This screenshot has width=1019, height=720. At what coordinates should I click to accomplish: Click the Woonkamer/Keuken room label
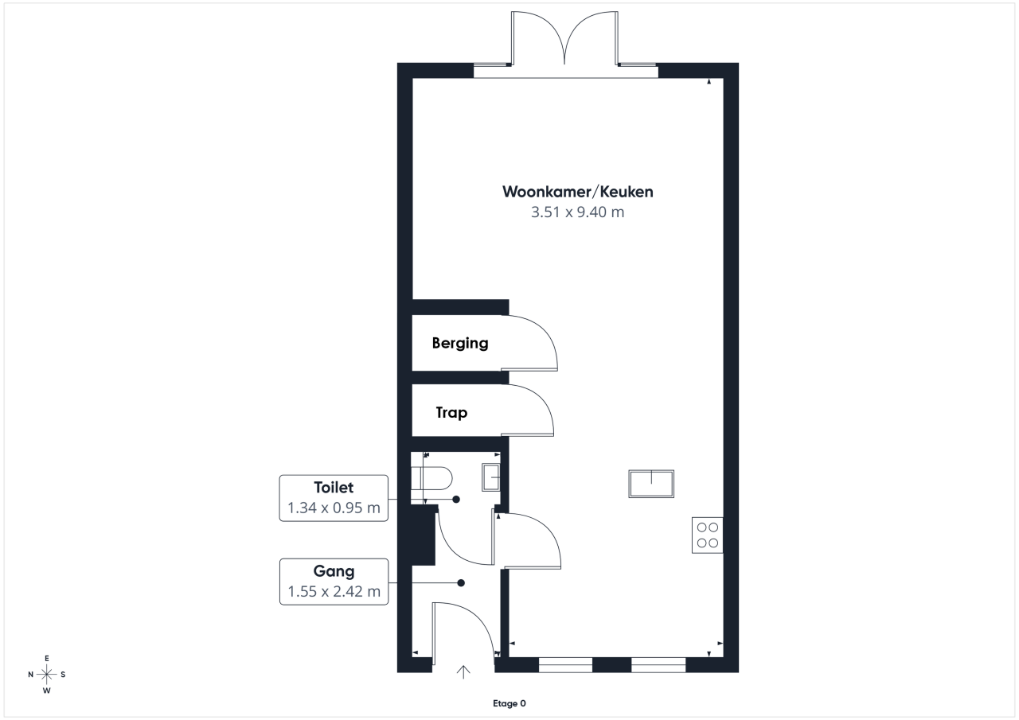578,192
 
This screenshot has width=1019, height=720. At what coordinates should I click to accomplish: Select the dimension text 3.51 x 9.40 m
578,212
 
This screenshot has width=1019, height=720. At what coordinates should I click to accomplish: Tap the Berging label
460,343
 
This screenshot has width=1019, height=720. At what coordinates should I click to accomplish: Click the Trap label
451,413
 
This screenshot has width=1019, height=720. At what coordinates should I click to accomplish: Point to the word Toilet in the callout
334,487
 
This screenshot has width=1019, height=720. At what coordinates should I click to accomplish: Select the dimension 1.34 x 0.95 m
334,508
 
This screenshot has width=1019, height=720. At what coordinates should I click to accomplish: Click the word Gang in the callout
334,571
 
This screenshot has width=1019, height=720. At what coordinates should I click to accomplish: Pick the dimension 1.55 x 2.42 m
334,591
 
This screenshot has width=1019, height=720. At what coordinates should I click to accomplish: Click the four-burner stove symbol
708,535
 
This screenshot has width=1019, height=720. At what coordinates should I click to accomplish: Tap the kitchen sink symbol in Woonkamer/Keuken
651,484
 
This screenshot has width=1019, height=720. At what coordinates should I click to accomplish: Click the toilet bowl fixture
431,478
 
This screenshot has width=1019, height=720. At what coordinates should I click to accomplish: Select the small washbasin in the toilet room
491,477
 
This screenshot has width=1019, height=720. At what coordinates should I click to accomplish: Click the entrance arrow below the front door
463,671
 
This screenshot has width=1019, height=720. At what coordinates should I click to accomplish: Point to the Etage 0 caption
509,703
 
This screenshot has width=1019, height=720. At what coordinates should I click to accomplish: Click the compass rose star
46,674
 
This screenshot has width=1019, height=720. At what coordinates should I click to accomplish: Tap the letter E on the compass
46,658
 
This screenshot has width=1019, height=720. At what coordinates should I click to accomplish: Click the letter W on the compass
46,691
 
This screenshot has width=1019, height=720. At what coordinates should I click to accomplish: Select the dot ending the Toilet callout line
456,499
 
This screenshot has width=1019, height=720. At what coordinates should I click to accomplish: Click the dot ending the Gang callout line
461,582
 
